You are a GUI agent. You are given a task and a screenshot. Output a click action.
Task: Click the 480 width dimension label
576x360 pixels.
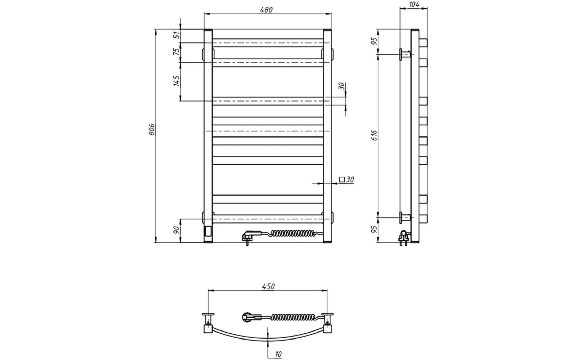pos(266,10)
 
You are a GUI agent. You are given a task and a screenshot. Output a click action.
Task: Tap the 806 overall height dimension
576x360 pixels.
pos(152,129)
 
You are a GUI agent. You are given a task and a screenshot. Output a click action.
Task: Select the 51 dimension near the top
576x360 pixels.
pos(177,35)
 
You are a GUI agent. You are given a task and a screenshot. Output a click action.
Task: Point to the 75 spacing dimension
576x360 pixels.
pos(177,52)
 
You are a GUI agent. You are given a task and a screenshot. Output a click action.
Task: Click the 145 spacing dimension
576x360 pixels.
pos(176,81)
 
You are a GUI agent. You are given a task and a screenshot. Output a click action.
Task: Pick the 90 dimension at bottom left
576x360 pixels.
pos(177,230)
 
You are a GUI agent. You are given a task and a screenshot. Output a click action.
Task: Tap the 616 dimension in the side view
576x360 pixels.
pos(374,136)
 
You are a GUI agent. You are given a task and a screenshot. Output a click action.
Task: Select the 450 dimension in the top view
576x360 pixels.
pos(268,286)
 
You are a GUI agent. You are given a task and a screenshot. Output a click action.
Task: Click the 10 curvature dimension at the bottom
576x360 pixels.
pos(278,354)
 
